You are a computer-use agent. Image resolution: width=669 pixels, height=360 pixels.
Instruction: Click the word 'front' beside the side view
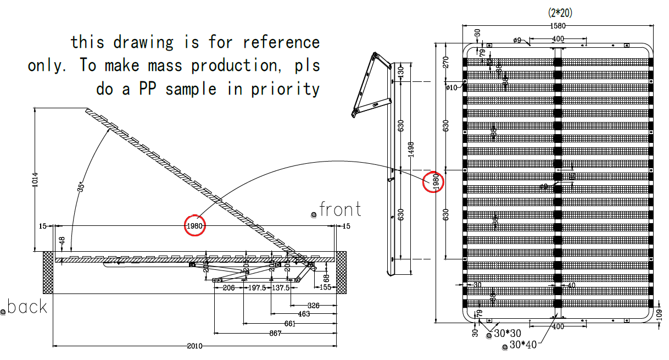[340, 209]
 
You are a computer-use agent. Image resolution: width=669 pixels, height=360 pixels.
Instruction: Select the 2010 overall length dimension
[195, 346]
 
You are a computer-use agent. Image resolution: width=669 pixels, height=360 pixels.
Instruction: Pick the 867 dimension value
[275, 334]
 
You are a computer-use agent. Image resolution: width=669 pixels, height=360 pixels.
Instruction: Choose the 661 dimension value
[290, 324]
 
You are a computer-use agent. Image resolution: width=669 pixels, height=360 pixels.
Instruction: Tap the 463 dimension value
[304, 314]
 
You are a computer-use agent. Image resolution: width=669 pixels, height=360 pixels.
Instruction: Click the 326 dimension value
[314, 304]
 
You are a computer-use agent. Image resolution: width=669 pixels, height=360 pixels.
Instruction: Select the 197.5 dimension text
[258, 288]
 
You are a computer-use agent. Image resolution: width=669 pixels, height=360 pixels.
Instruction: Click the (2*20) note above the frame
[560, 12]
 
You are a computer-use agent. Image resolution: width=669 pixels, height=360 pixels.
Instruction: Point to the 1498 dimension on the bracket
[411, 148]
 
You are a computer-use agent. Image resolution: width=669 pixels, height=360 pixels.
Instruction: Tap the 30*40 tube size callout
[522, 345]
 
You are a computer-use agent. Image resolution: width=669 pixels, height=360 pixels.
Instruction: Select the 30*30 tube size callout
[507, 334]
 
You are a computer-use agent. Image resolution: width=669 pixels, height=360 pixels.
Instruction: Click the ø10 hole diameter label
[451, 87]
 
